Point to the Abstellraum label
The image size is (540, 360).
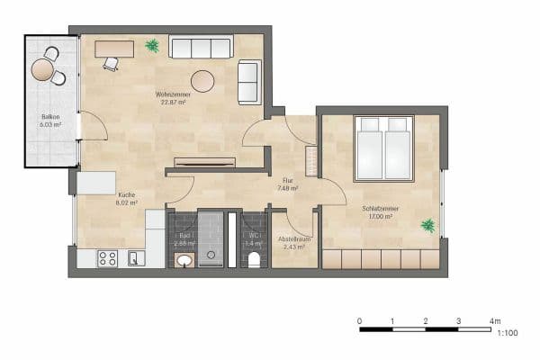pos(293,238)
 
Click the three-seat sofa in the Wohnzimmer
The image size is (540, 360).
pos(201,48)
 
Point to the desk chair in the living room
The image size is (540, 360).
pos(110,63)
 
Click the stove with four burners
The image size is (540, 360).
pos(107,258)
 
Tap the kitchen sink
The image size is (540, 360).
pos(134,259)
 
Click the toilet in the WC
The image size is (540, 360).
pos(255,260)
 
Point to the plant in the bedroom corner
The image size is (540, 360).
pos(428,225)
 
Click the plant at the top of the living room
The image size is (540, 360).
pos(152,44)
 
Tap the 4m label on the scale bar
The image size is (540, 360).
pos(494,320)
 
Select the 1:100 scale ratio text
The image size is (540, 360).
pos(507,334)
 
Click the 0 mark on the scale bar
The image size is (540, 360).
pos(360,320)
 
